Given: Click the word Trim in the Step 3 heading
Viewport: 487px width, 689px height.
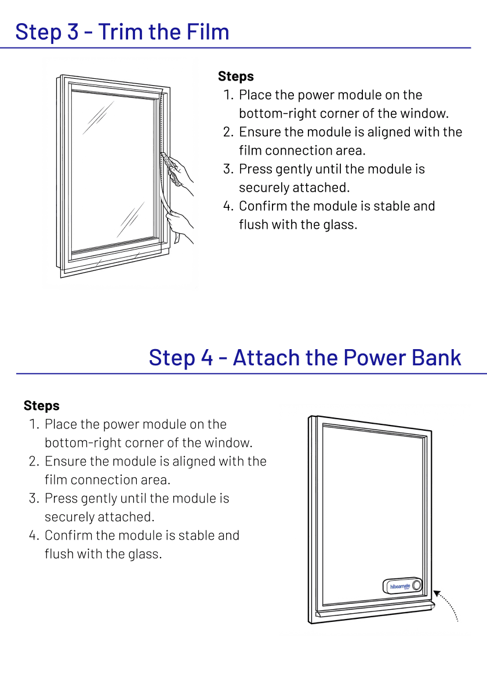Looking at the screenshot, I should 120,31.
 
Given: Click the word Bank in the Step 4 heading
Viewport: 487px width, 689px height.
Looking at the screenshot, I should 436,357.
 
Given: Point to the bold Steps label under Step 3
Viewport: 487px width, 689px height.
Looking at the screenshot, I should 235,76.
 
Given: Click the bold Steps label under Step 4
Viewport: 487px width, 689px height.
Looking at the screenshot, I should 41,406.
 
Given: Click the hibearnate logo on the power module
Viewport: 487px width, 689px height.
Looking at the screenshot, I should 400,587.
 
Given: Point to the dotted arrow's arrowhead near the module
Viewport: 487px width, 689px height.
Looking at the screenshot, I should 436,593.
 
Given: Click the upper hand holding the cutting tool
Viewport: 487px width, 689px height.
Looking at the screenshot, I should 181,171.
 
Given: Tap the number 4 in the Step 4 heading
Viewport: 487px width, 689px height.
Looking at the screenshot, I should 208,357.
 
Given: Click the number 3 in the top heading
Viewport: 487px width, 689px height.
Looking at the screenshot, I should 72,31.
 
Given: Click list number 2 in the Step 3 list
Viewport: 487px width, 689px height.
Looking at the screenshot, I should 227,132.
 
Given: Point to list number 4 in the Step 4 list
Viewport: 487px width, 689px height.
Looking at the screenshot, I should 33,536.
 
